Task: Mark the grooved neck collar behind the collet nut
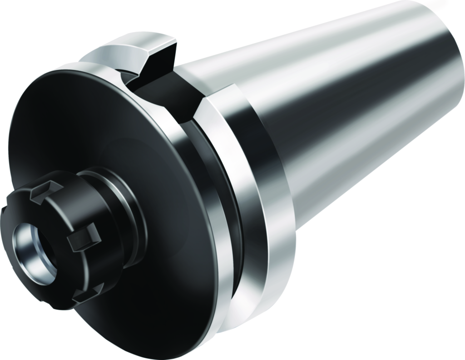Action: [x=123, y=200]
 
